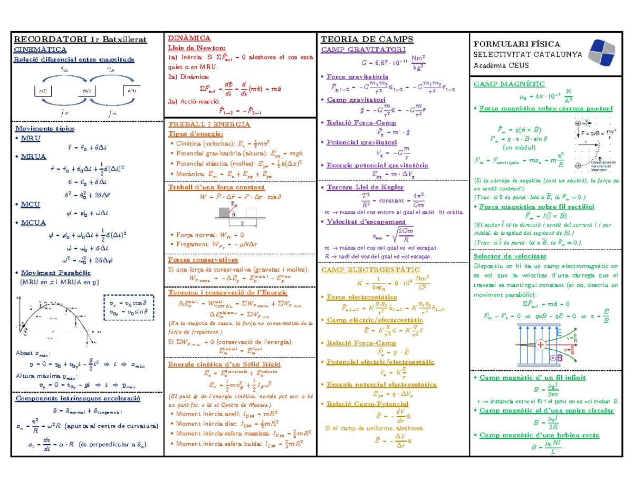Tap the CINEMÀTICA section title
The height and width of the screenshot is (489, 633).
point(40,50)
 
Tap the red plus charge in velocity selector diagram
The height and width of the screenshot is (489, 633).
point(541,345)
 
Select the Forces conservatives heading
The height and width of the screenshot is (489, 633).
point(203,260)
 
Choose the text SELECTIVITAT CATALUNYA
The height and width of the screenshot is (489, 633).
point(527,55)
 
